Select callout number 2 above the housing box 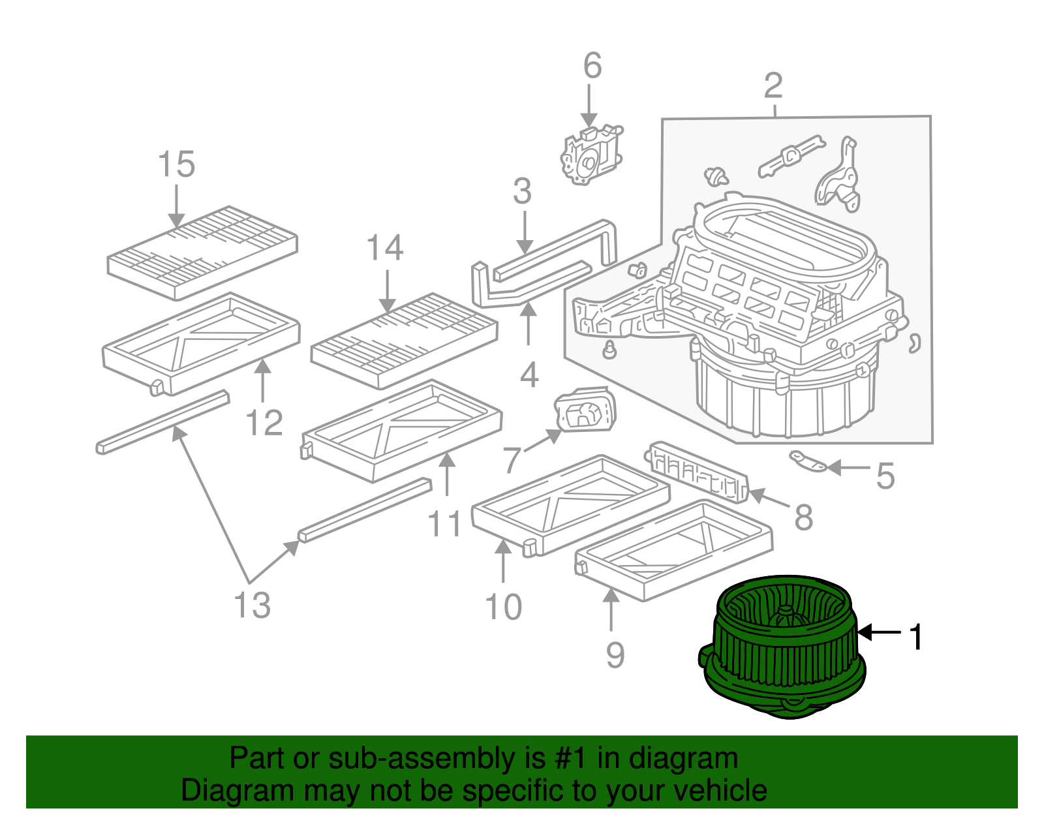pos(773,85)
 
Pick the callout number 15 pos(176,164)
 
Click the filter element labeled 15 pos(202,253)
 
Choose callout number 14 pos(385,247)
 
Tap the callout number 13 pos(253,605)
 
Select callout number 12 pos(264,423)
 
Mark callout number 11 pos(444,523)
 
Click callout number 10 pos(504,607)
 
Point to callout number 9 pos(615,654)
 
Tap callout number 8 pos(804,517)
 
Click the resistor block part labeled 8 pos(699,472)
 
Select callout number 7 pos(512,459)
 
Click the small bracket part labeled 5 pos(808,461)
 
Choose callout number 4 pos(529,375)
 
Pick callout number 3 pos(522,191)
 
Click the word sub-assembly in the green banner pos(420,758)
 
